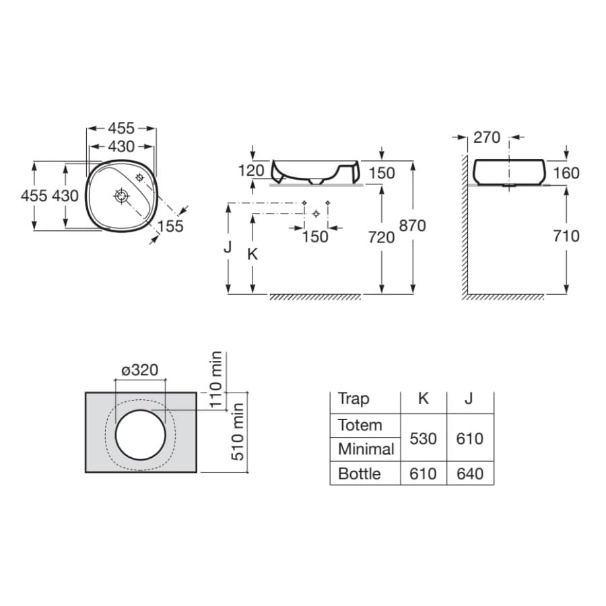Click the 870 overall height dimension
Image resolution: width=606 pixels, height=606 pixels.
(412, 226)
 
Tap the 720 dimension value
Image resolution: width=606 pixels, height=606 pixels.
(382, 237)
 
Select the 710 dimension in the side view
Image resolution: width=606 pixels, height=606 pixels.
(566, 236)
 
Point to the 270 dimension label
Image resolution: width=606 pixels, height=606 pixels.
(487, 137)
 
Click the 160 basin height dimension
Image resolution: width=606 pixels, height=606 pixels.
(566, 173)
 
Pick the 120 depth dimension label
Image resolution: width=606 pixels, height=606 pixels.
(251, 170)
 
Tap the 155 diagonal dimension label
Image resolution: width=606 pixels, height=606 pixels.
(170, 226)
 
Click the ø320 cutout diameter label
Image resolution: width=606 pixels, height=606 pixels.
(140, 370)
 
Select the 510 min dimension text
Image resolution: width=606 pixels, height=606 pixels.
(237, 432)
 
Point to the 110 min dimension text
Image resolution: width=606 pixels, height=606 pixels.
(216, 380)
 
